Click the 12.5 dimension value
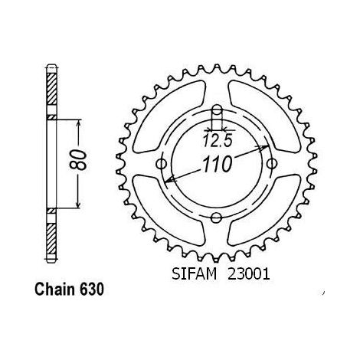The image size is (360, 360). pos(218,141)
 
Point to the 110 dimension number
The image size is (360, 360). pos(218,164)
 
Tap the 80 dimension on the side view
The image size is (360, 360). pos(78,160)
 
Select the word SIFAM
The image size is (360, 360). pos(194,274)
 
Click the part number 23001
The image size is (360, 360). pos(249,274)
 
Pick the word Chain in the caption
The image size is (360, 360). pos(55,290)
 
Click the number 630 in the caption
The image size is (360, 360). pos(92,290)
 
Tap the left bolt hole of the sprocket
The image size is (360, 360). pos(161,164)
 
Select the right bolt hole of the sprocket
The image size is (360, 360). pos(272,164)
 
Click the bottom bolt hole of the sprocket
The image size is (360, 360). pos(217,218)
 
